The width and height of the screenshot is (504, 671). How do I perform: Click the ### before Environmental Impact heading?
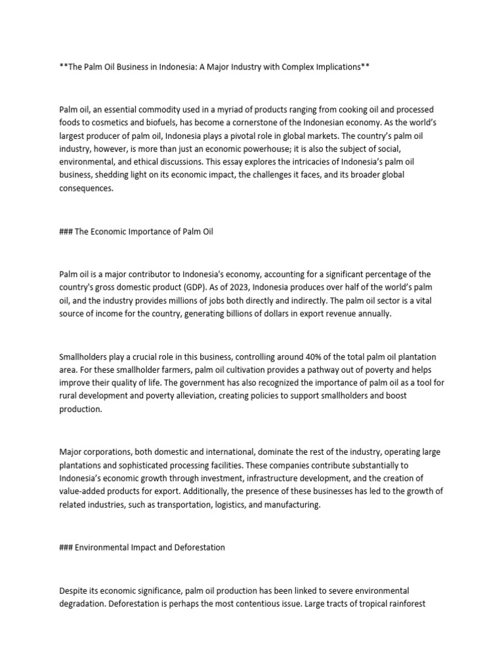point(66,547)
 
